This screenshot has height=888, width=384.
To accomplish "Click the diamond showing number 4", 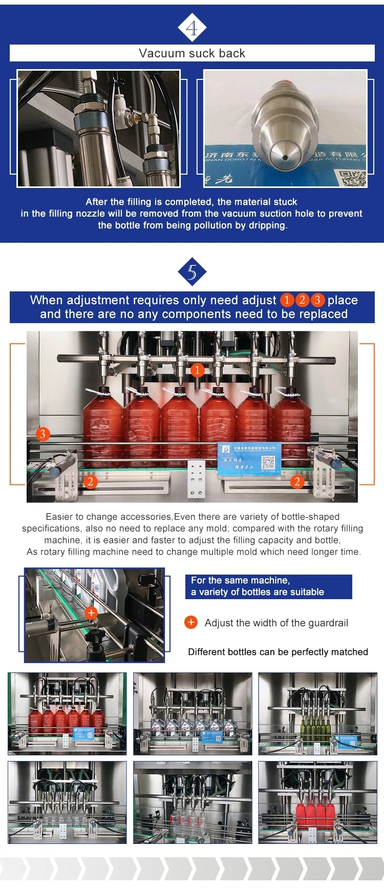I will [x=192, y=28].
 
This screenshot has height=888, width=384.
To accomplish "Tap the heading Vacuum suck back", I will [x=192, y=53].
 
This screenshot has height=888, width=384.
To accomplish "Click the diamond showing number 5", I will [x=192, y=272].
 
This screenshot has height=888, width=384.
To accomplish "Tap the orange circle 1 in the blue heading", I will [x=287, y=300].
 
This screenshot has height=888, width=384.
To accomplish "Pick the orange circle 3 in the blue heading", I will [x=317, y=300].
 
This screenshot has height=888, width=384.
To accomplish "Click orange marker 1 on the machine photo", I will [x=197, y=370].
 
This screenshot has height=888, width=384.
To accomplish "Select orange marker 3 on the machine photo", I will [x=42, y=434].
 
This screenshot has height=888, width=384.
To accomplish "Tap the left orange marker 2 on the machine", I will [x=90, y=482].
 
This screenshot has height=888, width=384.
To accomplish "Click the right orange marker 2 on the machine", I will [x=297, y=481].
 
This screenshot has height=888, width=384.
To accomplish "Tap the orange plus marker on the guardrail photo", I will [x=91, y=612].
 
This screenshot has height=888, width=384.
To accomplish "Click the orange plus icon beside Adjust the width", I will [x=191, y=622].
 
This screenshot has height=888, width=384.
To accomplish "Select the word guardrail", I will [x=326, y=623].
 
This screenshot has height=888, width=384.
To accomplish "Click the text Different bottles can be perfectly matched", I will [x=278, y=652].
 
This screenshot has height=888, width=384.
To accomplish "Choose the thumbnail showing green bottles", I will [x=317, y=713].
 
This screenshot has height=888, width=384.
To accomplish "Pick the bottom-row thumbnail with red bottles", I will [x=317, y=802].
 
